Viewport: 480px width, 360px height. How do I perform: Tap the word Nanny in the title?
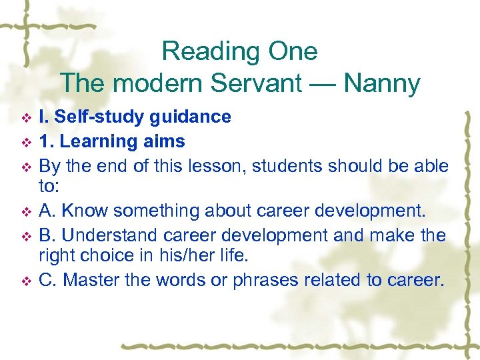click(x=383, y=84)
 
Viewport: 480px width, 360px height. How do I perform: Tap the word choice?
click(x=119, y=255)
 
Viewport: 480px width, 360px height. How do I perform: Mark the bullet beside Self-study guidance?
click(x=26, y=118)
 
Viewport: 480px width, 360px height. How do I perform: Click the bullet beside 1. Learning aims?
click(x=26, y=142)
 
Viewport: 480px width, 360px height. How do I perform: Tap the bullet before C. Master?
click(x=26, y=281)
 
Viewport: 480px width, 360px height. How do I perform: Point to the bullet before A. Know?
click(x=26, y=212)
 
